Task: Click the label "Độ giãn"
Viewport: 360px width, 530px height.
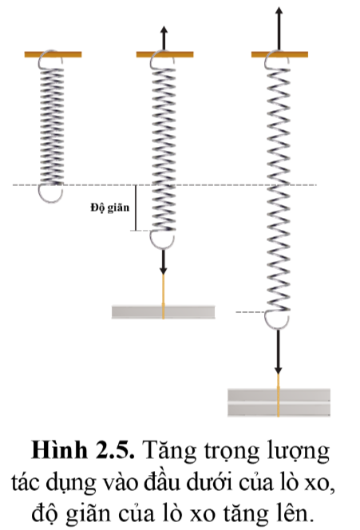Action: click(110, 208)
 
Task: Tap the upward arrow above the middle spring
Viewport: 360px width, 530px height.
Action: click(164, 38)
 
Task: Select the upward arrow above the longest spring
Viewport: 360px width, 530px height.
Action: click(279, 29)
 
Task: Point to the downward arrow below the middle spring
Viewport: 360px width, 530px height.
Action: click(164, 262)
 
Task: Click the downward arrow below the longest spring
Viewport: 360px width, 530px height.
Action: click(278, 351)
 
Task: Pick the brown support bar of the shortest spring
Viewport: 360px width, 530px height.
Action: click(53, 54)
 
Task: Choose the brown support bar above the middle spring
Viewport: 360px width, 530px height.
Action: click(165, 54)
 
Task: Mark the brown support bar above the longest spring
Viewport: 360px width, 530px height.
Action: click(279, 54)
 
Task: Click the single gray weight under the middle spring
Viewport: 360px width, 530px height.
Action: click(164, 311)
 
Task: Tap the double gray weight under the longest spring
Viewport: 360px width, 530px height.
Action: click(279, 402)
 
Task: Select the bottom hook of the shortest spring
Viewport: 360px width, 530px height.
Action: click(50, 194)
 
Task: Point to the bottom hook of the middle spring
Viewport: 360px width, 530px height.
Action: click(162, 240)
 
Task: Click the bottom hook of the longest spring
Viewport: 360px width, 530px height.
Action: click(276, 320)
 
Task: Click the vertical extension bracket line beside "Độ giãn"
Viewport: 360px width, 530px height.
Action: click(136, 208)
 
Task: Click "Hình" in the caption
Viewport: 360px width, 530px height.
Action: click(60, 450)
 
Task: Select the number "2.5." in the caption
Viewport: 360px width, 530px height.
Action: click(115, 451)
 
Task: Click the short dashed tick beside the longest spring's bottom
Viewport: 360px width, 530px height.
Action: click(250, 312)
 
